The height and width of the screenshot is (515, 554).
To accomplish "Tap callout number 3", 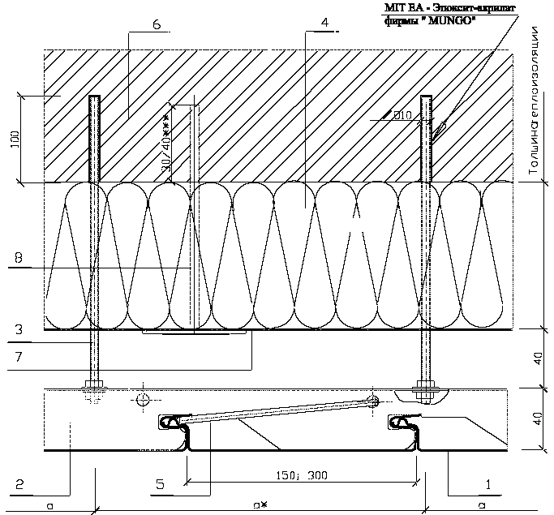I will click(17, 331).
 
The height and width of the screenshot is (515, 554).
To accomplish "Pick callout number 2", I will click(18, 485).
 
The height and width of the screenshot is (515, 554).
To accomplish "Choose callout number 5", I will click(160, 485).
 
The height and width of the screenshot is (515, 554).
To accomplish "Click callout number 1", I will click(487, 485).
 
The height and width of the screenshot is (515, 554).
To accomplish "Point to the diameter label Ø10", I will click(402, 116).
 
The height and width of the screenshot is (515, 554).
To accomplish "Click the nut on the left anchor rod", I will click(95, 387).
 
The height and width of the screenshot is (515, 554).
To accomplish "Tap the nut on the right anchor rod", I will click(425, 387).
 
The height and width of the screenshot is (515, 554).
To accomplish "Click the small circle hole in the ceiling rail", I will click(143, 399).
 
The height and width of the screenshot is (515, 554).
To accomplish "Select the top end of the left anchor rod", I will click(95, 98).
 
